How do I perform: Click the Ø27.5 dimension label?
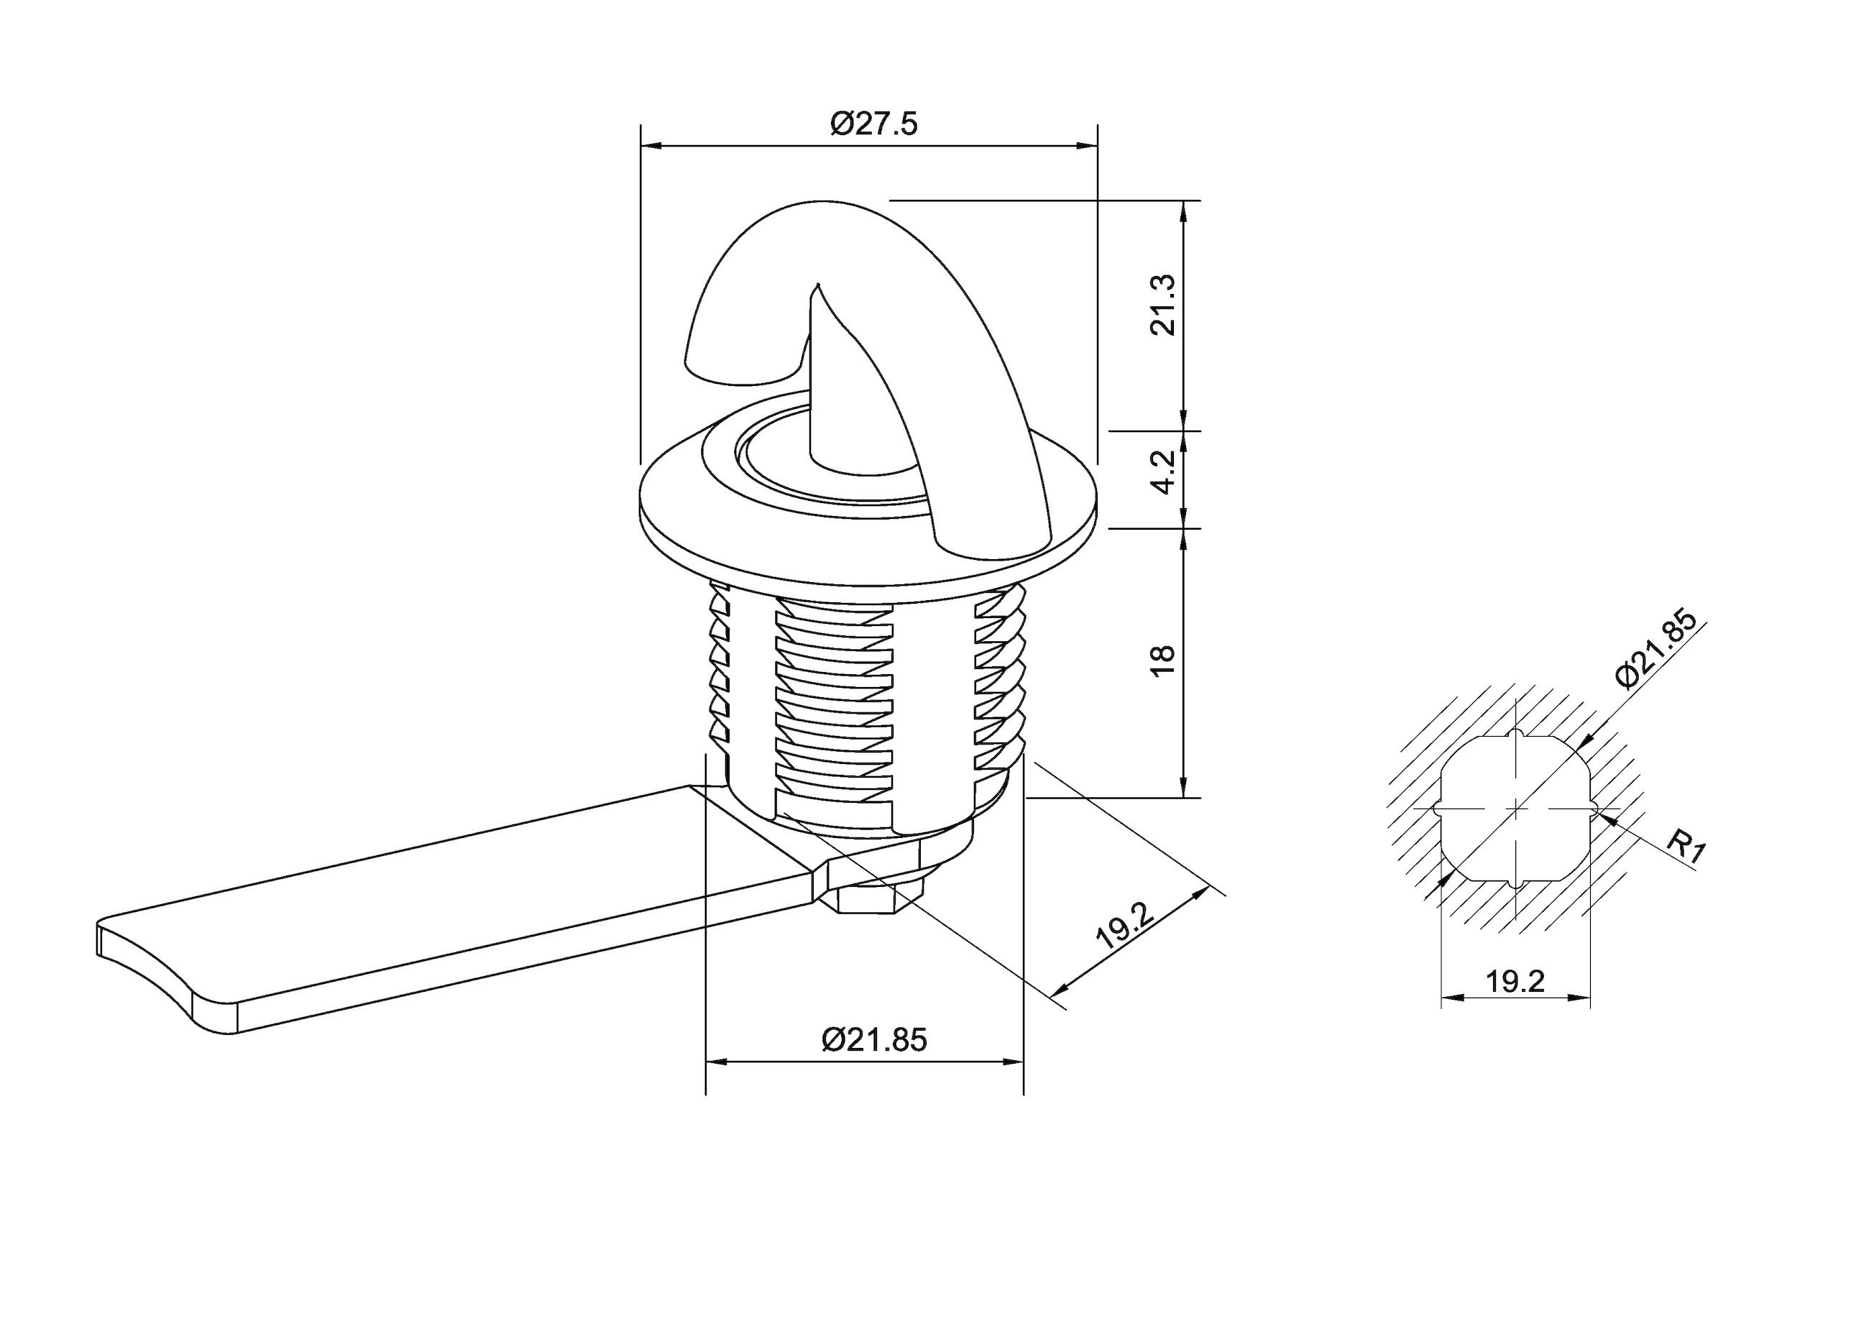pos(873,124)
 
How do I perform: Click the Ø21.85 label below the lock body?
pos(874,1040)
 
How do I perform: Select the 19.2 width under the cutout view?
pos(1515,982)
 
